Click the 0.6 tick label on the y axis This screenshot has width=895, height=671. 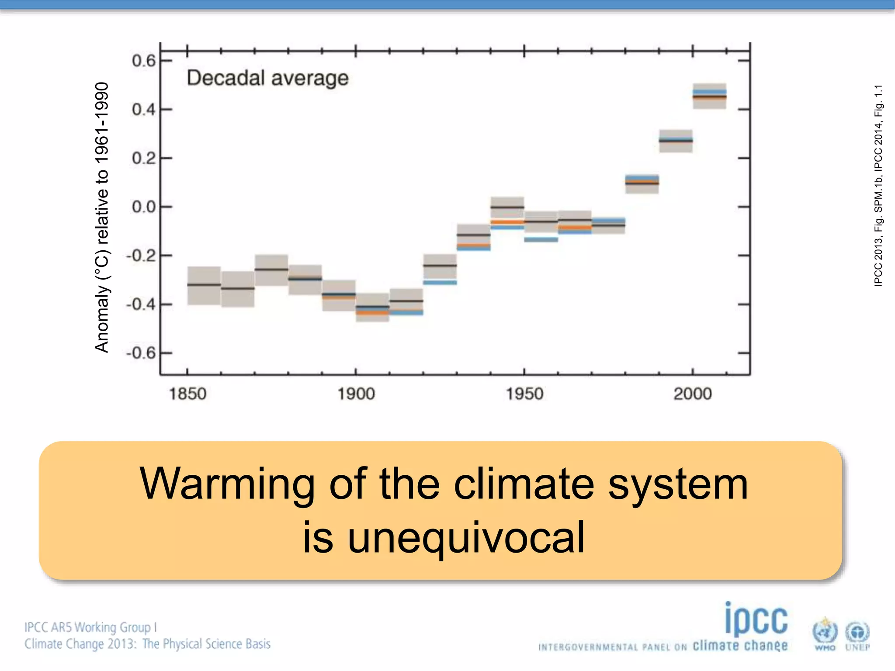143,61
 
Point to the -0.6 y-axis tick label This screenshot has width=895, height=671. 141,353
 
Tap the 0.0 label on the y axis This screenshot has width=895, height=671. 143,207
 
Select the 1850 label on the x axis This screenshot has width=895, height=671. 187,394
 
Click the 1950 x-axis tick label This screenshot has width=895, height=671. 524,394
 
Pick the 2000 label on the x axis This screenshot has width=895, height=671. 693,394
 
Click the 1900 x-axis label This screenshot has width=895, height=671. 356,394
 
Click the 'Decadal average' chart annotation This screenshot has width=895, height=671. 267,78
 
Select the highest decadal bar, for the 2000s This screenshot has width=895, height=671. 709,96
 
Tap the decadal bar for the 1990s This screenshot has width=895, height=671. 676,141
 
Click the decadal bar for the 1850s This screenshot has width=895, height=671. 204,285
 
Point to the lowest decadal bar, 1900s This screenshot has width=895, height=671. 372,308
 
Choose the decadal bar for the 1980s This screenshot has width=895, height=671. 642,183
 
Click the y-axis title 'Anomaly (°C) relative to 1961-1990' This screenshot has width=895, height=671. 102,217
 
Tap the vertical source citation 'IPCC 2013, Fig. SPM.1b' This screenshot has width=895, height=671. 878,186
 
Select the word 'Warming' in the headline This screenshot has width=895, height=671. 227,484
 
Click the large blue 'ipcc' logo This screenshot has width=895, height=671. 756,619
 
